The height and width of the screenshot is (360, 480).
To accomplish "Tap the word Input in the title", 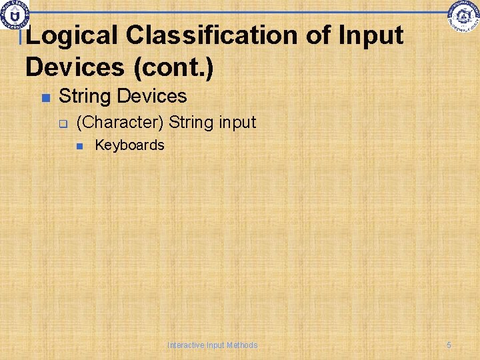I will click(371, 35).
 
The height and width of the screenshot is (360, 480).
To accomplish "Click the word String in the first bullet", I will click(85, 97).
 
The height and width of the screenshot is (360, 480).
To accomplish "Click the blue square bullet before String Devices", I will click(45, 98).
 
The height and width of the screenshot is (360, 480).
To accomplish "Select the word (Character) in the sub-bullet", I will click(120, 123).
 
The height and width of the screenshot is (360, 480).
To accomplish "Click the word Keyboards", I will click(129, 145).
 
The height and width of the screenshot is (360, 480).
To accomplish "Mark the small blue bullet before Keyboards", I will click(79, 146).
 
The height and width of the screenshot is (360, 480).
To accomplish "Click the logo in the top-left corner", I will click(13, 14).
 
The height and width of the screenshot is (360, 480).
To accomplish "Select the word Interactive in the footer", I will click(186, 345).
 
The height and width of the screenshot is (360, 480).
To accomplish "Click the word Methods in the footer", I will click(242, 345).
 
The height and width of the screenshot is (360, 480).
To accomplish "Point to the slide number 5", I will click(449, 345).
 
